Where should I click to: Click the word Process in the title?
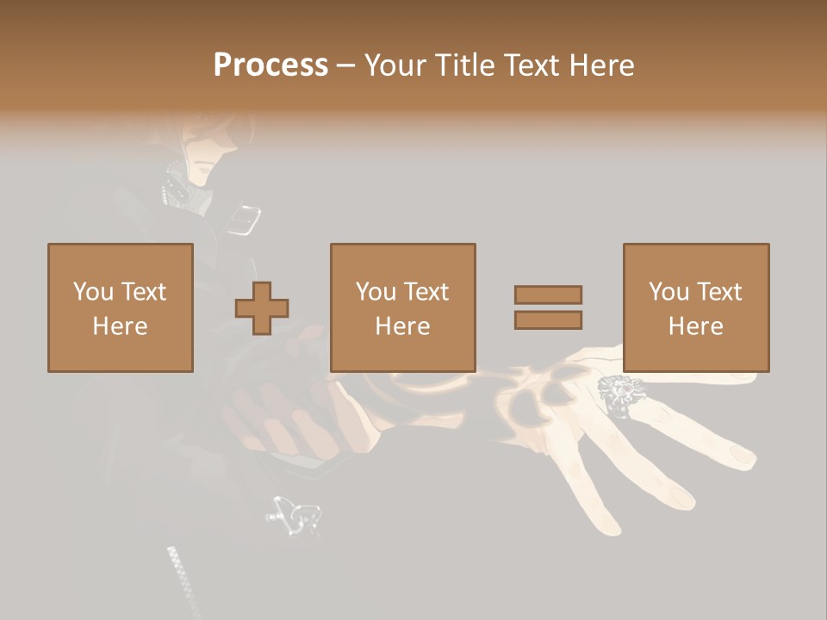[x=270, y=65]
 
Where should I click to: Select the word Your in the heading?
[x=395, y=65]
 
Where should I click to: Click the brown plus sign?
[x=262, y=307]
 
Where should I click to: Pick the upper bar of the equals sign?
[x=548, y=294]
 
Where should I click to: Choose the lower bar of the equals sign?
[x=548, y=320]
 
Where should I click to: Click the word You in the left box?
[x=93, y=291]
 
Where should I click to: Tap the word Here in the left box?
[x=120, y=326]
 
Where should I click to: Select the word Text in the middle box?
[x=426, y=291]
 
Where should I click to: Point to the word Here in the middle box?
[x=402, y=326]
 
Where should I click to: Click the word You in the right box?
[x=668, y=291]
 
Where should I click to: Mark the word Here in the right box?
[x=695, y=326]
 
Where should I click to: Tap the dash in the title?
[x=346, y=65]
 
